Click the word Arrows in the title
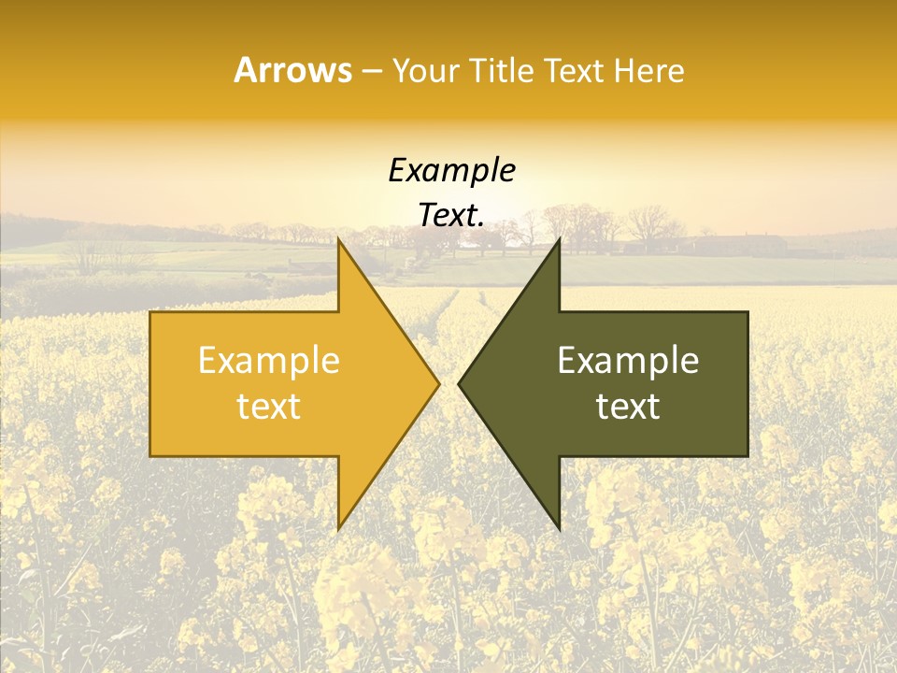click(x=292, y=70)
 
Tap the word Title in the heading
click(x=502, y=70)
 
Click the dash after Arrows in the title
click(x=372, y=72)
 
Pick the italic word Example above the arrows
click(x=451, y=171)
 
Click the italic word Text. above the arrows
click(x=451, y=216)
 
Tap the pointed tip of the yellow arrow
click(x=438, y=383)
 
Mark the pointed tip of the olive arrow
click(x=459, y=383)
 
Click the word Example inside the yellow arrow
click(x=269, y=361)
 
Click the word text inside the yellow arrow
click(x=269, y=407)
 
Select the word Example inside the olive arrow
click(x=628, y=361)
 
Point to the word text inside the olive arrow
click(x=628, y=407)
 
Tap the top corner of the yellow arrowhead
click(x=339, y=240)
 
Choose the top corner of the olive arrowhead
click(x=559, y=240)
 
